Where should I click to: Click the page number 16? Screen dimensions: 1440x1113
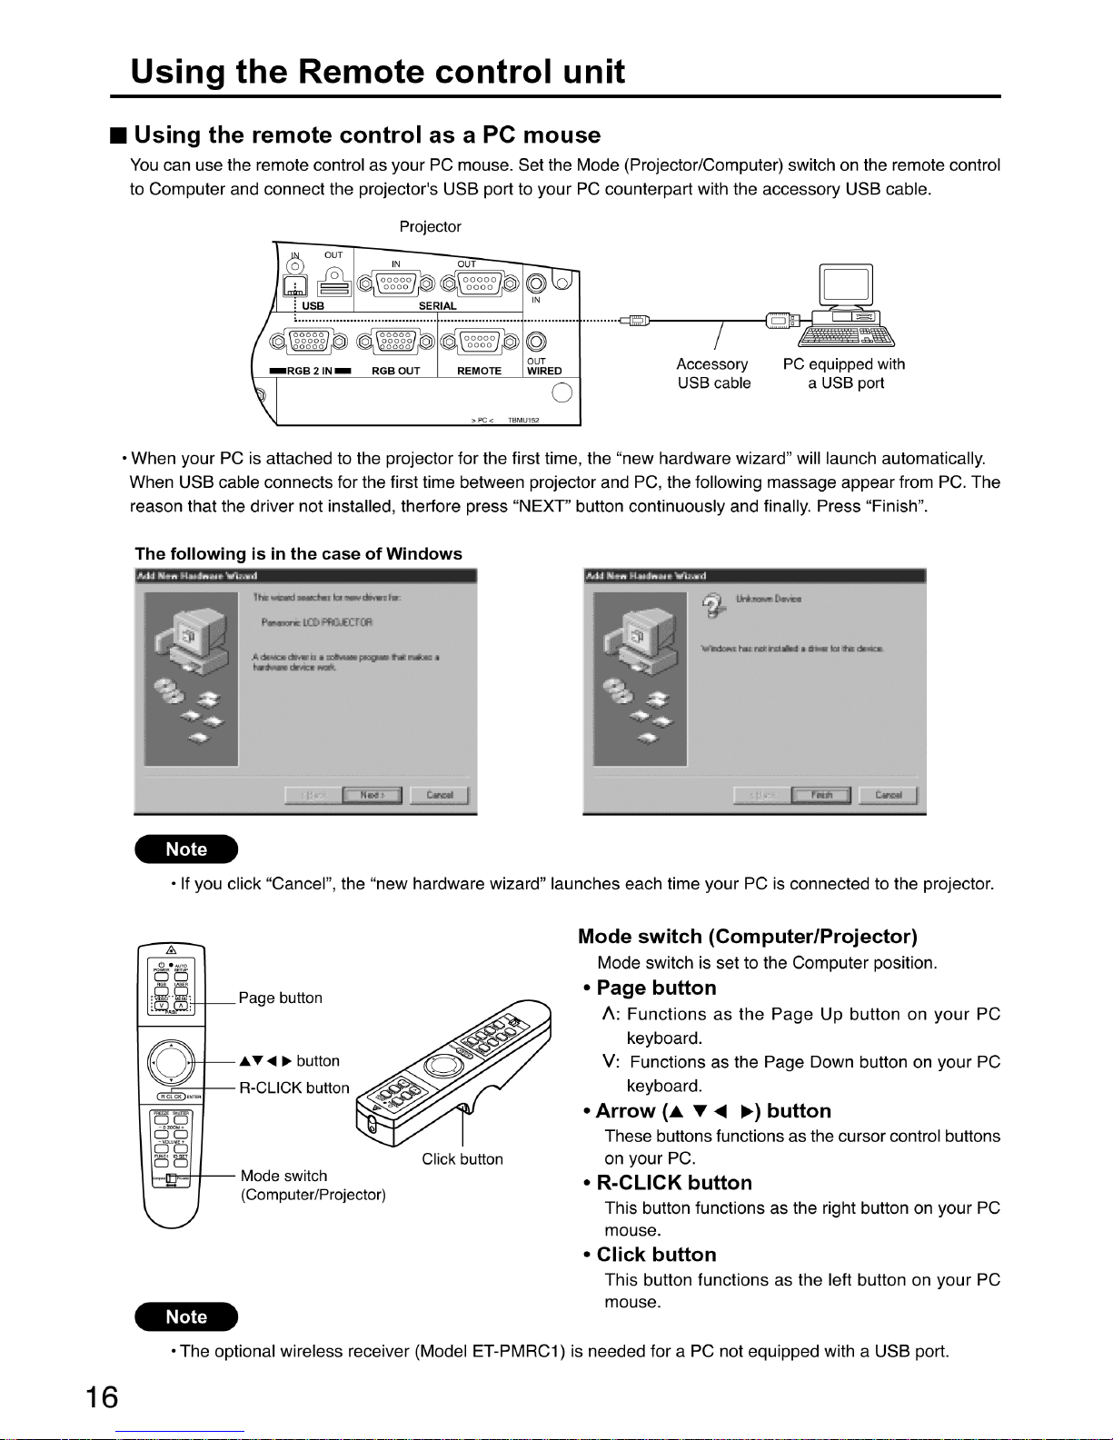[x=103, y=1396]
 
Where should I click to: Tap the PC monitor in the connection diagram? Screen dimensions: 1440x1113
[x=845, y=285]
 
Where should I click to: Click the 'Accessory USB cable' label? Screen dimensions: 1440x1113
[x=713, y=373]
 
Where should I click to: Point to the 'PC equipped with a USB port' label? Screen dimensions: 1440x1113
[x=844, y=373]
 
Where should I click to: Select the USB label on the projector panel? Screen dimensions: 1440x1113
[x=313, y=306]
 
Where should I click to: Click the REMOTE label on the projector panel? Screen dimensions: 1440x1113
[x=479, y=371]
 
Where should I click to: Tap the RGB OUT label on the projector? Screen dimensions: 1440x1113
[x=396, y=371]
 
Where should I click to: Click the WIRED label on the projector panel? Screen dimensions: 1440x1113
[x=544, y=371]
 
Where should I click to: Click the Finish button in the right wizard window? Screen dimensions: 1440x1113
[x=821, y=795]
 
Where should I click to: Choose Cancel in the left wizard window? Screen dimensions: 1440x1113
[x=440, y=795]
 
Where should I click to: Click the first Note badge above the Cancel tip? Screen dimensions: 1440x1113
[x=186, y=849]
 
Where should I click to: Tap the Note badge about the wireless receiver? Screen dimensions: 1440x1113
[x=186, y=1316]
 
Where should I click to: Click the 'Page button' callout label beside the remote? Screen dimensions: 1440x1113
[x=280, y=998]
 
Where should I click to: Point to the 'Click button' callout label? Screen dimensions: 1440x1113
[x=462, y=1159]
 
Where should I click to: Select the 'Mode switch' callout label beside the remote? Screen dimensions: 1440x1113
[x=283, y=1176]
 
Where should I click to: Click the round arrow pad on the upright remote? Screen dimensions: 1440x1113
[x=172, y=1061]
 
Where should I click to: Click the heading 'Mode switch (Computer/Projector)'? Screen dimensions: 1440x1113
[x=747, y=937]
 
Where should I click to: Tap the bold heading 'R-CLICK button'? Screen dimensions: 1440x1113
[x=674, y=1183]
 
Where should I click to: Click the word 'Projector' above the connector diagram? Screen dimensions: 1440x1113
[x=430, y=226]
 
